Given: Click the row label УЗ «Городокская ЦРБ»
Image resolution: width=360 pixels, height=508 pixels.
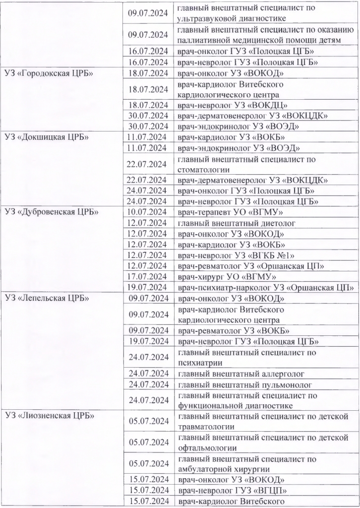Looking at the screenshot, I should [49, 73].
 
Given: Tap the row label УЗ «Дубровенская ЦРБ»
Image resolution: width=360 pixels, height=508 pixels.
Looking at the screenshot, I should [52, 212].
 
